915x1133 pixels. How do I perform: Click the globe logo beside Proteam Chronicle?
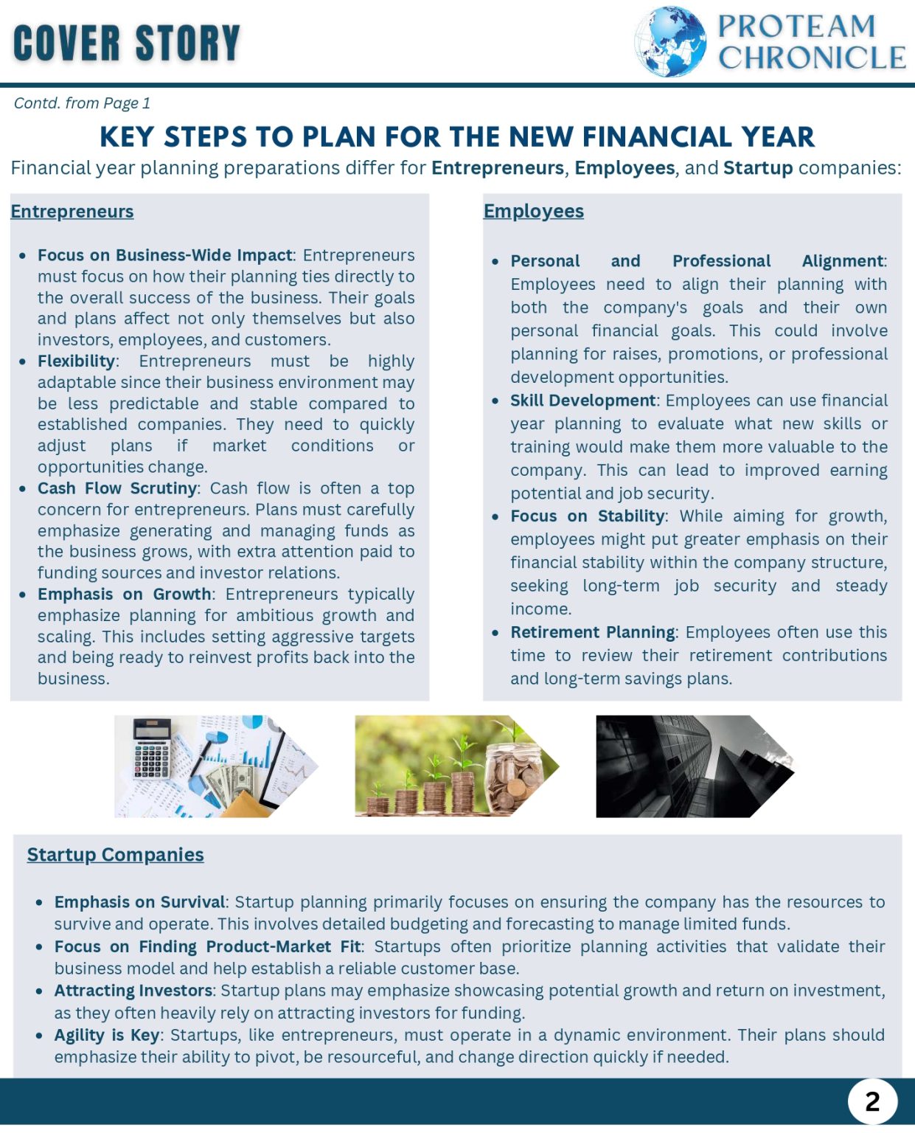pos(670,42)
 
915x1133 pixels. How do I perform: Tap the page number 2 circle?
pos(872,1101)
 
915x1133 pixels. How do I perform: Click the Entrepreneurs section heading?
pos(72,212)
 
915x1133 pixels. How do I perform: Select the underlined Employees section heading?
pos(533,211)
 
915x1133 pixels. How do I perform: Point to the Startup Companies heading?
pos(115,854)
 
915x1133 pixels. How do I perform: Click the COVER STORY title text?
pos(127,43)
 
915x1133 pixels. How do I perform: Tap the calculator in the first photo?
pos(152,748)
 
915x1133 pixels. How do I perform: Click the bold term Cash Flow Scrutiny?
pos(117,488)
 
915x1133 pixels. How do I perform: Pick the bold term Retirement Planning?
pos(592,632)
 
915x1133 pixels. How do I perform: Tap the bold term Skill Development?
pos(582,401)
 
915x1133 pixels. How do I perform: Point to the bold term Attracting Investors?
pos(133,991)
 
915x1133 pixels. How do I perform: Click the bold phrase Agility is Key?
pos(106,1035)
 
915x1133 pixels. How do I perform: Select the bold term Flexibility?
pos(76,361)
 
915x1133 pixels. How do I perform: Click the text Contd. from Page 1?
pos(82,103)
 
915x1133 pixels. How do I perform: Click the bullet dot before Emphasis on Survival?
pos(39,903)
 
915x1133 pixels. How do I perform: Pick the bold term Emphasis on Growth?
pos(124,595)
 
